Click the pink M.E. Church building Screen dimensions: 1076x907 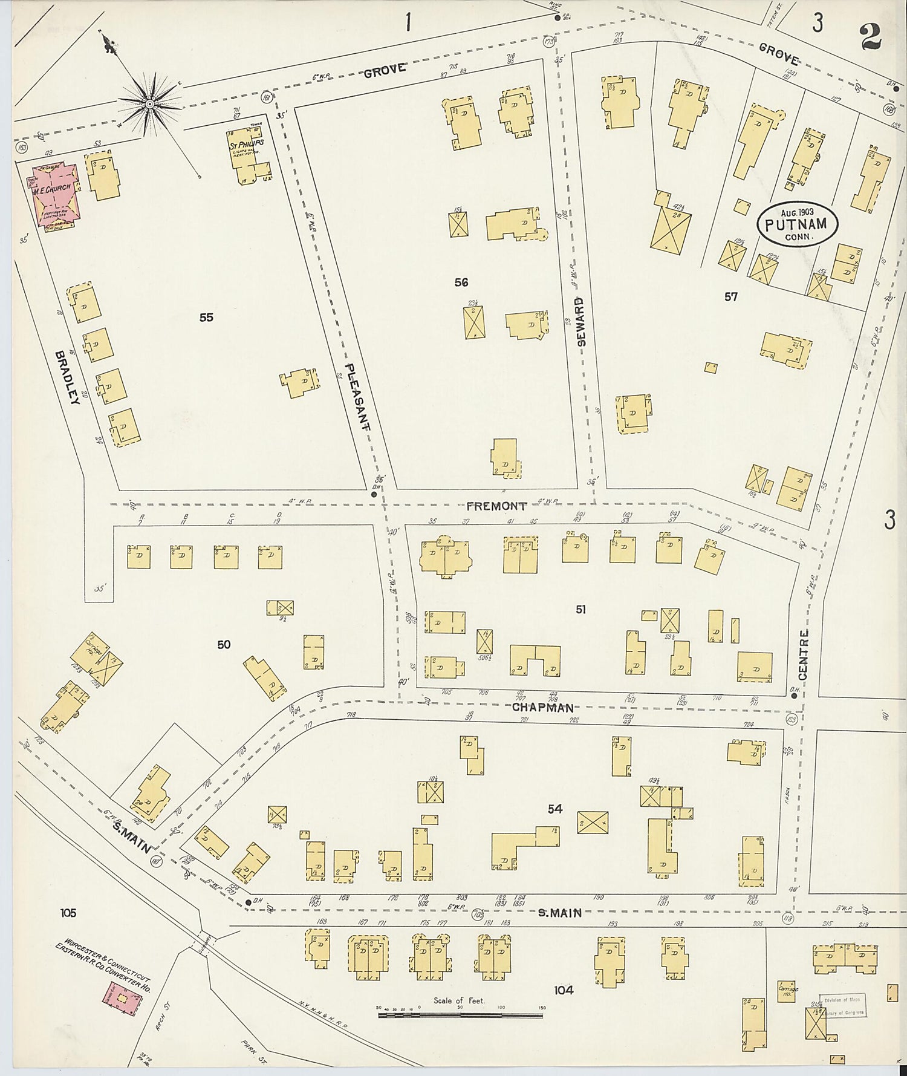(54, 197)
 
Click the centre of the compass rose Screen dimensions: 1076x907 (149, 104)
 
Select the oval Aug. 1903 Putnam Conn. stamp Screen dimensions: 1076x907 (798, 224)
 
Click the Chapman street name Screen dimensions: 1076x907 (542, 708)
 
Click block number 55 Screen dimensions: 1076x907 (206, 317)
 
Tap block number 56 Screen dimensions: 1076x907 (461, 282)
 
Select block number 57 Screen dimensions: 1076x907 (730, 296)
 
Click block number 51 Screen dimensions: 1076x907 (580, 610)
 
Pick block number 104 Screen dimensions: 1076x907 (563, 990)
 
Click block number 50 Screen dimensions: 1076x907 (224, 645)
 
